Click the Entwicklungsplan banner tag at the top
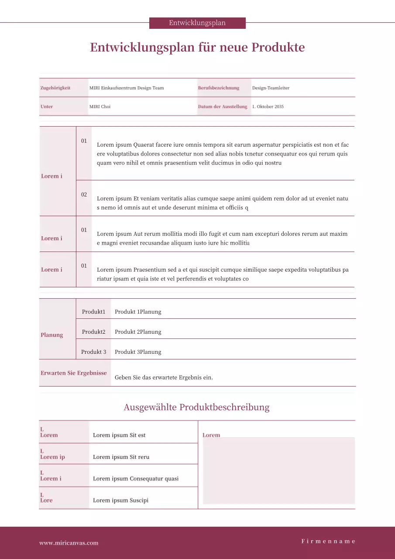point(197,23)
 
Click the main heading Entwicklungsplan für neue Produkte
point(197,47)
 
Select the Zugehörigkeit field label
point(55,88)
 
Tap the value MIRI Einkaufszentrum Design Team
point(127,88)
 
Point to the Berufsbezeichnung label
point(219,88)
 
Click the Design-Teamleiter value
point(271,88)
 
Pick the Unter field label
point(47,107)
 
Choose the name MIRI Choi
point(100,107)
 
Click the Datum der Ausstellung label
point(223,107)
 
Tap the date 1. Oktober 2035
point(268,107)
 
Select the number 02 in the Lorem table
point(84,195)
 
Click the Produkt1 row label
point(94,312)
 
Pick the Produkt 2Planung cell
point(138,332)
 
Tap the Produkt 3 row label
point(94,352)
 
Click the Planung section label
point(52,335)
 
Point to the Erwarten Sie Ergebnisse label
point(74,373)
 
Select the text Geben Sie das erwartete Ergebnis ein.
point(164,377)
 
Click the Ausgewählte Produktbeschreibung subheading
point(196,407)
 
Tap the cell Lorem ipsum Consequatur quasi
point(136,479)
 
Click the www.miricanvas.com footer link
point(69,543)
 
